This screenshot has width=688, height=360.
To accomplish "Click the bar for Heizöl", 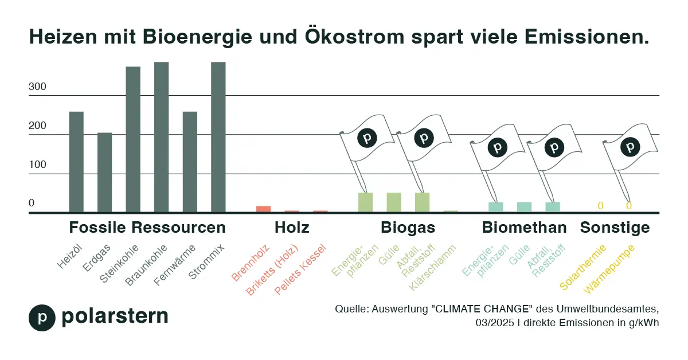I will click(x=76, y=162).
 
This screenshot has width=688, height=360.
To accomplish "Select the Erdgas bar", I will click(x=104, y=173).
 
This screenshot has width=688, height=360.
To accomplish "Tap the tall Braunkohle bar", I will click(x=161, y=138).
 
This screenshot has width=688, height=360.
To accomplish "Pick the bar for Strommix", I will click(x=218, y=138).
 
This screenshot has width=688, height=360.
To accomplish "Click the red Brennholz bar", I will click(x=263, y=209).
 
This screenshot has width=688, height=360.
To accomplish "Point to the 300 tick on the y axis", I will click(x=37, y=87).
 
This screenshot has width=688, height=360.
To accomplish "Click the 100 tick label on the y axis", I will click(x=37, y=165).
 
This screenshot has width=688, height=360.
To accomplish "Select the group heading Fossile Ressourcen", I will click(x=147, y=228).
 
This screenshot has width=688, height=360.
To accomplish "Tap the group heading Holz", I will click(x=292, y=228).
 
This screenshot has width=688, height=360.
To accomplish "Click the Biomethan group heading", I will click(x=524, y=228).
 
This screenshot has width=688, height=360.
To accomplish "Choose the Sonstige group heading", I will click(x=615, y=228).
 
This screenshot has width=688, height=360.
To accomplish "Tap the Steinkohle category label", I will click(x=119, y=263).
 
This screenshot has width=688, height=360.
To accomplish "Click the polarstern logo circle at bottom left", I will click(x=42, y=318).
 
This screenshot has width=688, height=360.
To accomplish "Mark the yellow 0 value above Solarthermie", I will click(x=600, y=206).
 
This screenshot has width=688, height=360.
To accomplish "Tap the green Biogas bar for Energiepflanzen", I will click(x=365, y=203).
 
